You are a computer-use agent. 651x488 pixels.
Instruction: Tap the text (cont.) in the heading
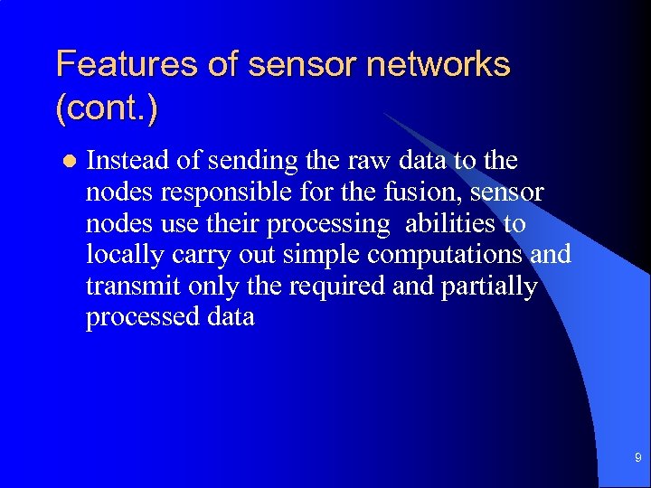coord(107,110)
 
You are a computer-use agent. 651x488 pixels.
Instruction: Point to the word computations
coord(448,255)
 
